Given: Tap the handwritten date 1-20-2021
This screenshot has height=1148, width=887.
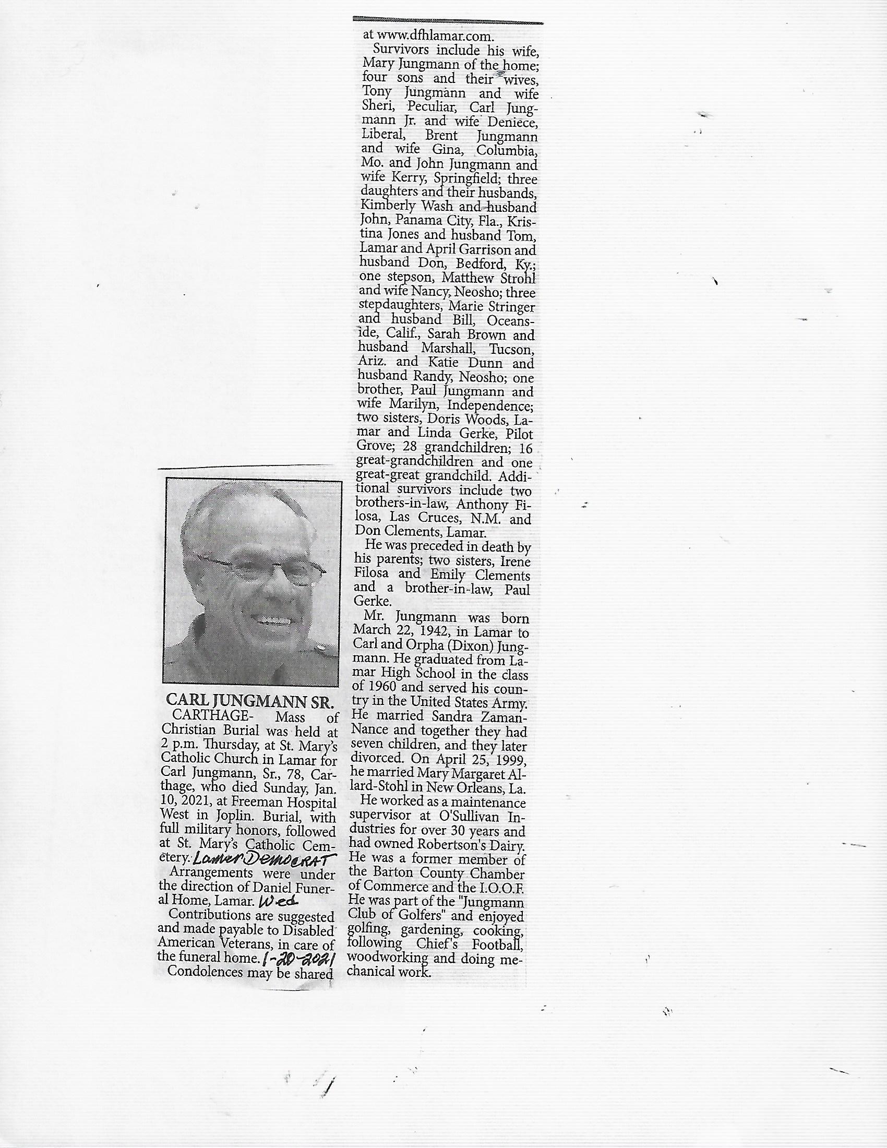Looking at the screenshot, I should click(x=298, y=959).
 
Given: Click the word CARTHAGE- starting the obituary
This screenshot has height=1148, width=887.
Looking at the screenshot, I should click(x=211, y=715).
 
